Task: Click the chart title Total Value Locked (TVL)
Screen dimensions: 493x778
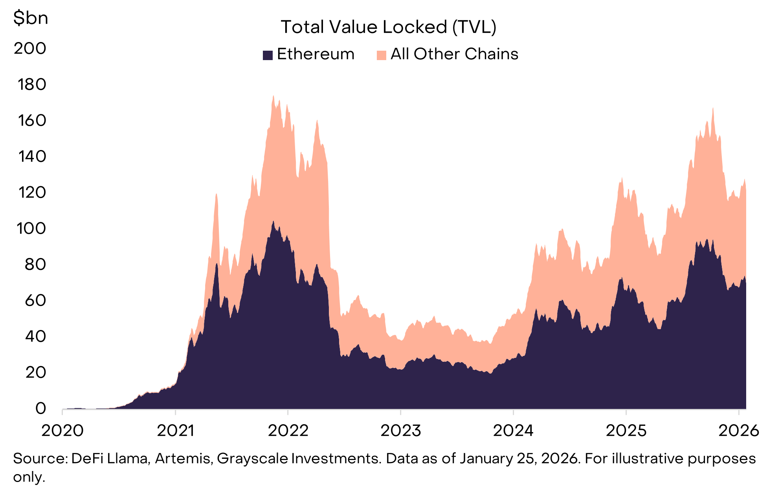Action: point(388,27)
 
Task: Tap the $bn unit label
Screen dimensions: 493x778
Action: point(30,18)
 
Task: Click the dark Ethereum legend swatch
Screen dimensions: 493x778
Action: point(268,55)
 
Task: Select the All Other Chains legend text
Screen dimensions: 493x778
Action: point(454,54)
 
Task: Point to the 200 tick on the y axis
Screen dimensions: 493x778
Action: point(30,48)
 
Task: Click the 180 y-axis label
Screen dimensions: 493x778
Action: point(31,84)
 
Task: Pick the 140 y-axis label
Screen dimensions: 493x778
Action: point(32,156)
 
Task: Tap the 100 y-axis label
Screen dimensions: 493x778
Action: point(31,228)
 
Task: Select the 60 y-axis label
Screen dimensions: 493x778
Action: point(35,301)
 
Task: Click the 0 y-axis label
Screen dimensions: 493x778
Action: point(40,409)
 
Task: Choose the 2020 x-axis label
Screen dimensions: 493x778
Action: point(62,431)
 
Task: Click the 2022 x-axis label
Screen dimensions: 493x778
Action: point(288,431)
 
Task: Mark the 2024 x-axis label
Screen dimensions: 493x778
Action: point(513,431)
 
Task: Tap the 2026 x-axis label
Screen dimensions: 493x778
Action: point(738,431)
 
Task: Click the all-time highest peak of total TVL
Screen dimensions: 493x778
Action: point(273,96)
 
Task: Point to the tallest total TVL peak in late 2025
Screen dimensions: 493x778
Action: point(713,108)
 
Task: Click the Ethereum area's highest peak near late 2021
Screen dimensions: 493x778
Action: point(273,222)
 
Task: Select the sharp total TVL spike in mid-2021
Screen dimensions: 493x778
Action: point(216,194)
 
